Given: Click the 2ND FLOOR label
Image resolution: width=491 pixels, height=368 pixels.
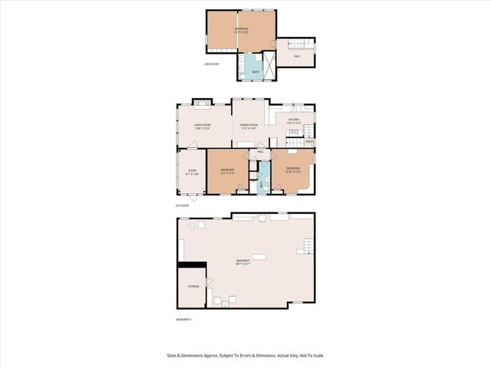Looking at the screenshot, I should [212, 64].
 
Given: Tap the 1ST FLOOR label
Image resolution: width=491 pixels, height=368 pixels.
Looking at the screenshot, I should [182, 205].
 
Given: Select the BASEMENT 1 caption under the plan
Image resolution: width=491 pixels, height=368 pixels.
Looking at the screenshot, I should [183, 319].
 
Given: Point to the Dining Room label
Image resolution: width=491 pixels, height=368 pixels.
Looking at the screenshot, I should [249, 125].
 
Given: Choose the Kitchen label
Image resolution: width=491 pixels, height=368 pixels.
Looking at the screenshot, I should [294, 120].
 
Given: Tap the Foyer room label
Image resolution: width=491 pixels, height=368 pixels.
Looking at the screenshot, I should [192, 171].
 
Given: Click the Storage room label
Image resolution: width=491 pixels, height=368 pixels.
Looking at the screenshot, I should [193, 286].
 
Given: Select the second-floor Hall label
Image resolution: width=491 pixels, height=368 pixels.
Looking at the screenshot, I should [296, 56].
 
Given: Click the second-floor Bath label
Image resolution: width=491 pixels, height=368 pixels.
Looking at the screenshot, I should [255, 71].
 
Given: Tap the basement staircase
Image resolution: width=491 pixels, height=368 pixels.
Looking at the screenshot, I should [307, 245].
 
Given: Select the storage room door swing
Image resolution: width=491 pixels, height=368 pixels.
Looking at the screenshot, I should [208, 283].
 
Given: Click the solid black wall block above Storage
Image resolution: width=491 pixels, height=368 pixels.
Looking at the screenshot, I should [192, 264].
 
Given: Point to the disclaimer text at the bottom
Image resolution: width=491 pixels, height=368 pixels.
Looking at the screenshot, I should [245, 355].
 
